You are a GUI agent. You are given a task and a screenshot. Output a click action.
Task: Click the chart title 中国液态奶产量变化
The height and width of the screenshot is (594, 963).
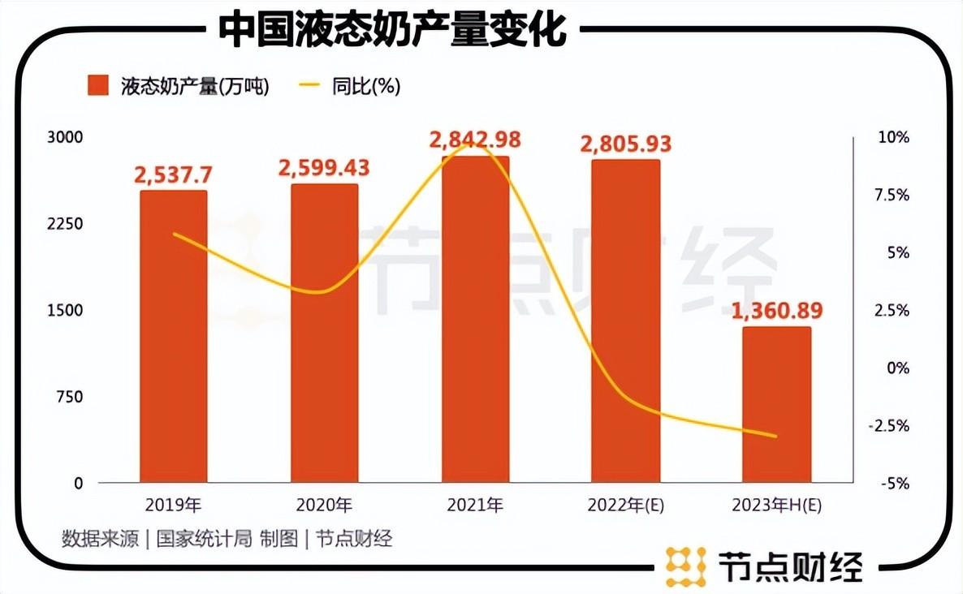click(x=392, y=31)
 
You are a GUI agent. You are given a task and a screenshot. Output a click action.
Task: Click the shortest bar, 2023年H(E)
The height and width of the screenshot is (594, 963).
click(x=777, y=405)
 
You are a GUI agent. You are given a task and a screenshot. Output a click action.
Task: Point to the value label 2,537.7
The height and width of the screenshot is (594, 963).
click(x=174, y=174)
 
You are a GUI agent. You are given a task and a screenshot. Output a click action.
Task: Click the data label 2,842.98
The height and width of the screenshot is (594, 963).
click(x=475, y=140)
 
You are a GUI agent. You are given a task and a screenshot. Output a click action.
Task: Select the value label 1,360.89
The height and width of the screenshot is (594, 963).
click(x=777, y=310)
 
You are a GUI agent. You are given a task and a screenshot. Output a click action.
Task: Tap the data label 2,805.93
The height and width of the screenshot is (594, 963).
click(x=626, y=144)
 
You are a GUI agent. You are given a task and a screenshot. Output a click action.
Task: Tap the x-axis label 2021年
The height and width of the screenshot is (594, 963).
click(x=475, y=506)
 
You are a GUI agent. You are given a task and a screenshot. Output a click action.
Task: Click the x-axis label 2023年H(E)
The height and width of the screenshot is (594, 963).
click(x=777, y=506)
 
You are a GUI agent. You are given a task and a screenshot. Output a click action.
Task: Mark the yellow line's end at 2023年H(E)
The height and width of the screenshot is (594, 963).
click(x=777, y=437)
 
